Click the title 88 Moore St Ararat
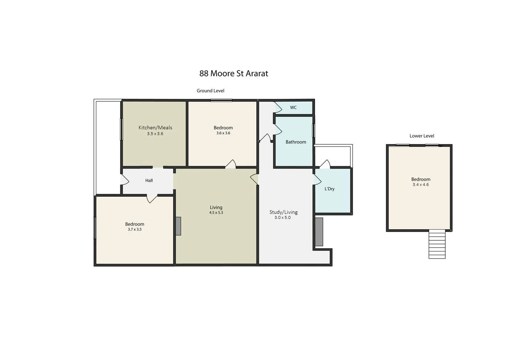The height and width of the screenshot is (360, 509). [x=233, y=73]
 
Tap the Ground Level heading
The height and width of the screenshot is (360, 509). [x=210, y=91]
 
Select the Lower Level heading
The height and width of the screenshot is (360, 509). [x=422, y=136]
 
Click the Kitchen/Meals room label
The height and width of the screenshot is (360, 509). [x=155, y=128]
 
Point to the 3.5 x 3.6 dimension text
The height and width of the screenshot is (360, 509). [x=155, y=134]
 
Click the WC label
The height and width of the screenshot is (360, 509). [x=293, y=107]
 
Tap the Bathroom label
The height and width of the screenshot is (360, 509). [x=296, y=142]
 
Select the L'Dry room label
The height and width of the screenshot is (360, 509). [x=329, y=189]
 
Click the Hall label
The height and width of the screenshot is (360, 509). [x=149, y=181]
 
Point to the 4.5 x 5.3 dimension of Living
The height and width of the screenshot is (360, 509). [x=216, y=212]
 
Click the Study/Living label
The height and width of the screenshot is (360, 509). [x=283, y=212]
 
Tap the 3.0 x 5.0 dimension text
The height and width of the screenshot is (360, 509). [x=282, y=217]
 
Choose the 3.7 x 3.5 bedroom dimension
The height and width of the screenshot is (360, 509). [x=135, y=229]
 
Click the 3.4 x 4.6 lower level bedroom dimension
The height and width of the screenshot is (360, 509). [x=421, y=184]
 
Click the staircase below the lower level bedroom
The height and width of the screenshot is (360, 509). [x=437, y=245]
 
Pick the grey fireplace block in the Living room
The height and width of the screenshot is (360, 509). [x=178, y=226]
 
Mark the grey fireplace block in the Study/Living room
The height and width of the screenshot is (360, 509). [x=319, y=232]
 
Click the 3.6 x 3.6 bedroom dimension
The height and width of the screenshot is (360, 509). [x=223, y=133]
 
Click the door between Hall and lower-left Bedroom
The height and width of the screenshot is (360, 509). [x=152, y=198]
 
